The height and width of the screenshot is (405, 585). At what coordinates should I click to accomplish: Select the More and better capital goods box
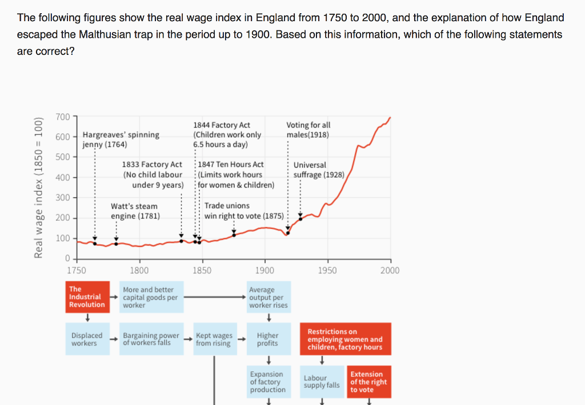tap(151, 297)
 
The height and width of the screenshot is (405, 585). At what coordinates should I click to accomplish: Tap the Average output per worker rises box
tap(268, 297)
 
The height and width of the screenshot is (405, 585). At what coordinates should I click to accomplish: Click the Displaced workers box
tap(87, 339)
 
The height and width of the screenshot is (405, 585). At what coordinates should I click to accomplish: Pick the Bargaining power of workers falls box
tap(151, 339)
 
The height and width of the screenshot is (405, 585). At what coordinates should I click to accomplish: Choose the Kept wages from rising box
tap(214, 339)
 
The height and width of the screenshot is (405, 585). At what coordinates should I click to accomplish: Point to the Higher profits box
tap(268, 339)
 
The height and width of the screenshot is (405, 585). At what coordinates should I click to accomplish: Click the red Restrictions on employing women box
tap(345, 339)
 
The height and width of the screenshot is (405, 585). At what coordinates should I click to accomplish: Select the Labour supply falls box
tap(322, 382)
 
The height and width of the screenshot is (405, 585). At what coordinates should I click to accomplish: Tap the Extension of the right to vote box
tap(369, 382)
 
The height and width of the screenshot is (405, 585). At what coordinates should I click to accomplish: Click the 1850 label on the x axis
tap(202, 271)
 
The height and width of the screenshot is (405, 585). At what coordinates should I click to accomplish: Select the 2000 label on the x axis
tap(390, 271)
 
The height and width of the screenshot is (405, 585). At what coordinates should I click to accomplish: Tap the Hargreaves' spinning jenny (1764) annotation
tap(121, 140)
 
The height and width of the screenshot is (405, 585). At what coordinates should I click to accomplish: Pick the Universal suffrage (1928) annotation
tap(319, 170)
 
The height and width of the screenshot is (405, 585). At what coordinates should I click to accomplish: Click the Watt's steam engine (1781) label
tap(135, 211)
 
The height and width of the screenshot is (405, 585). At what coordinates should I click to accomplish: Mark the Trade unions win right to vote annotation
tap(244, 211)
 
